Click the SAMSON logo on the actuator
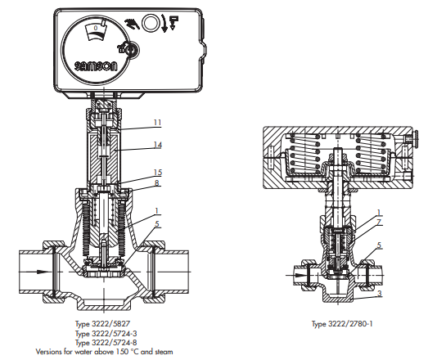96,66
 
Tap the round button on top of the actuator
151,23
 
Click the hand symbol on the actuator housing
133,24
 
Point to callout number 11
157,123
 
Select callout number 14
157,145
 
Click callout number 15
157,172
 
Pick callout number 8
157,182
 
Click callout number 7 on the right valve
378,222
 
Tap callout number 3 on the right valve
380,293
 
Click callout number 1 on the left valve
156,210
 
